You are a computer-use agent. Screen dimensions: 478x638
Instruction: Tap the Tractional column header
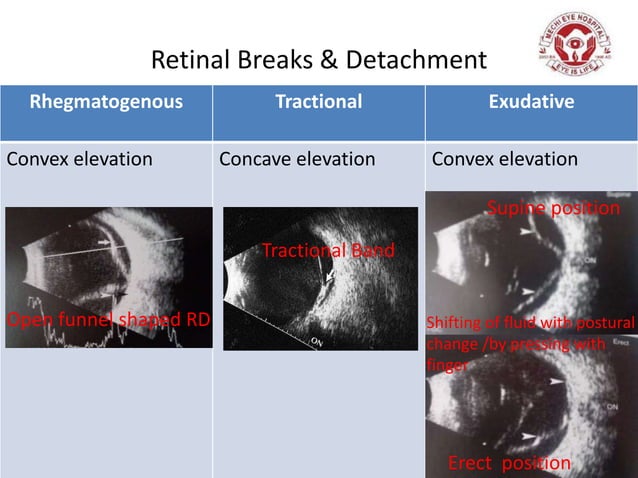(x=318, y=101)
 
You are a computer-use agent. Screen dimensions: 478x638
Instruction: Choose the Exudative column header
(x=531, y=101)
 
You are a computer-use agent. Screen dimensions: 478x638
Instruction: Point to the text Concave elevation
(x=297, y=159)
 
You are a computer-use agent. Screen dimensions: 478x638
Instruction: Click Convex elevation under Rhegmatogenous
(x=80, y=159)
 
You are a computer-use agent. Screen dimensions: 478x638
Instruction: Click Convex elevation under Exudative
(x=504, y=159)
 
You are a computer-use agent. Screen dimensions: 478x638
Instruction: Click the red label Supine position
(x=553, y=207)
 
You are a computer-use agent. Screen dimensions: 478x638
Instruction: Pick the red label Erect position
(x=509, y=462)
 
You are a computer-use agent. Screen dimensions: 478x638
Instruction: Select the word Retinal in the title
(x=184, y=63)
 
